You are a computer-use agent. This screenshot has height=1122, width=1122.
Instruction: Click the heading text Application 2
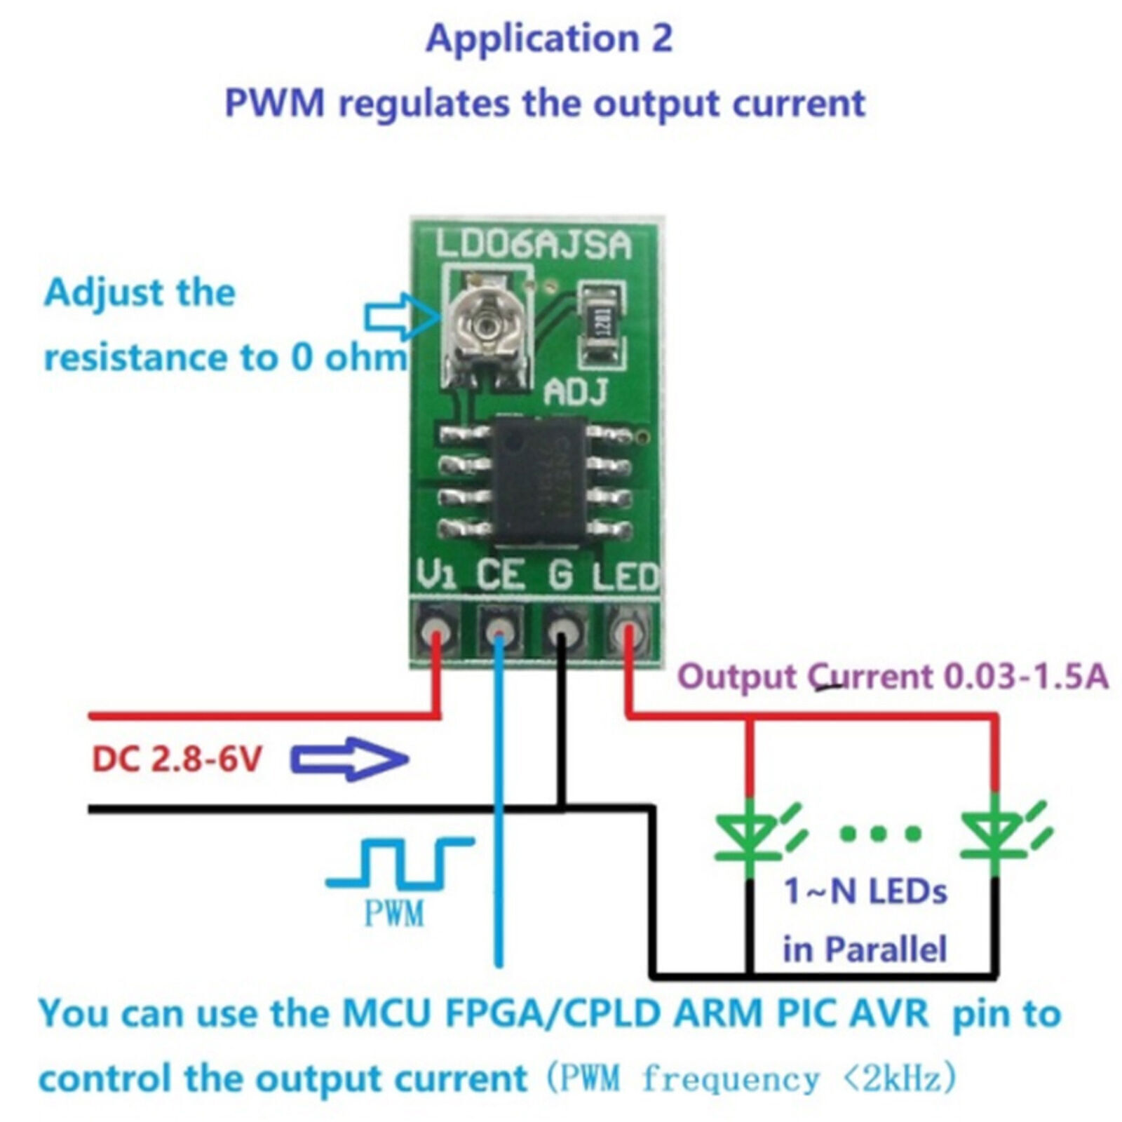pos(549,39)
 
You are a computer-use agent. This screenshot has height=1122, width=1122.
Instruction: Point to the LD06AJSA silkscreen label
pos(533,245)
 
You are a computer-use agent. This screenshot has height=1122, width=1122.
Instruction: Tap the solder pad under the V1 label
pos(434,629)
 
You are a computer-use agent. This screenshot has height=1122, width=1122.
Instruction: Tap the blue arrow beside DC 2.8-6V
pos(349,759)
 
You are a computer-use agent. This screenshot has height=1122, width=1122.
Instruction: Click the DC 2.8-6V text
pos(177,759)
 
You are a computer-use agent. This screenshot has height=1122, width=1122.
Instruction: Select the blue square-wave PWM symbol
pos(400,861)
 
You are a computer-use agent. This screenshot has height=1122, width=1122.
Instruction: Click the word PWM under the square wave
pos(393,913)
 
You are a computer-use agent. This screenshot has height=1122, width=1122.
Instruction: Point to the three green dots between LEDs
pos(881,833)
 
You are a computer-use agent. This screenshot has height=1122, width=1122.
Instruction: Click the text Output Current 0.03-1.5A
pos(893,677)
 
